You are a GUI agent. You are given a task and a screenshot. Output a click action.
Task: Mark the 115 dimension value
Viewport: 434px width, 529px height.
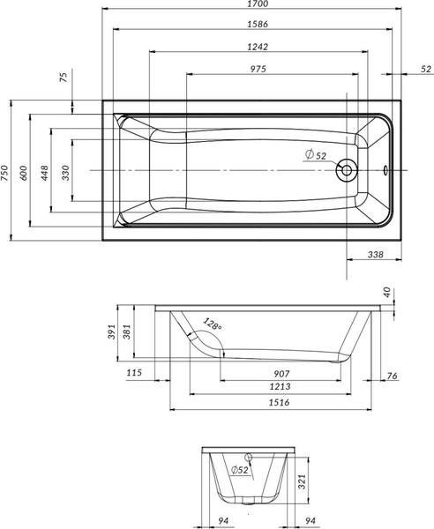tap(134, 374)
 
